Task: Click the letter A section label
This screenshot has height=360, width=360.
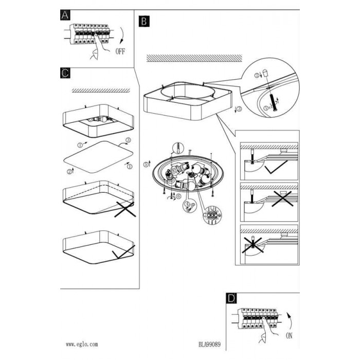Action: (x=65, y=15)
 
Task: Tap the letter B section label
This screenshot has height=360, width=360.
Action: (x=144, y=22)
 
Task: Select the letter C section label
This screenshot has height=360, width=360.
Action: (x=65, y=73)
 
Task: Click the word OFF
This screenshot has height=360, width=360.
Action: (x=120, y=51)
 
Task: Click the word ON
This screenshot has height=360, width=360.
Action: (x=289, y=336)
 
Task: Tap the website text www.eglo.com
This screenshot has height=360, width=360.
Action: (x=82, y=344)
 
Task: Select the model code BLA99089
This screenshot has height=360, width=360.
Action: (x=210, y=345)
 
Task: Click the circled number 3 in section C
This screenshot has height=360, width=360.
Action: (x=128, y=140)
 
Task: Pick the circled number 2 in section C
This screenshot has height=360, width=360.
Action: (x=69, y=171)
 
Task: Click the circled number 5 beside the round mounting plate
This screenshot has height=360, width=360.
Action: (x=146, y=165)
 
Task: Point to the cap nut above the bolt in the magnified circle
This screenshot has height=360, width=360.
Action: (x=266, y=73)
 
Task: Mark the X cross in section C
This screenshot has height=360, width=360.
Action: (x=125, y=209)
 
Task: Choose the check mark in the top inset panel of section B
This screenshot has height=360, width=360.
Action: (x=276, y=167)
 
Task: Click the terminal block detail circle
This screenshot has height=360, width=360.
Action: (x=212, y=215)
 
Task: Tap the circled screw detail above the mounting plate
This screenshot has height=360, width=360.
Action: (x=178, y=148)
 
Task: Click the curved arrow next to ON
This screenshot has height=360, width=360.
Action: (x=290, y=320)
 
